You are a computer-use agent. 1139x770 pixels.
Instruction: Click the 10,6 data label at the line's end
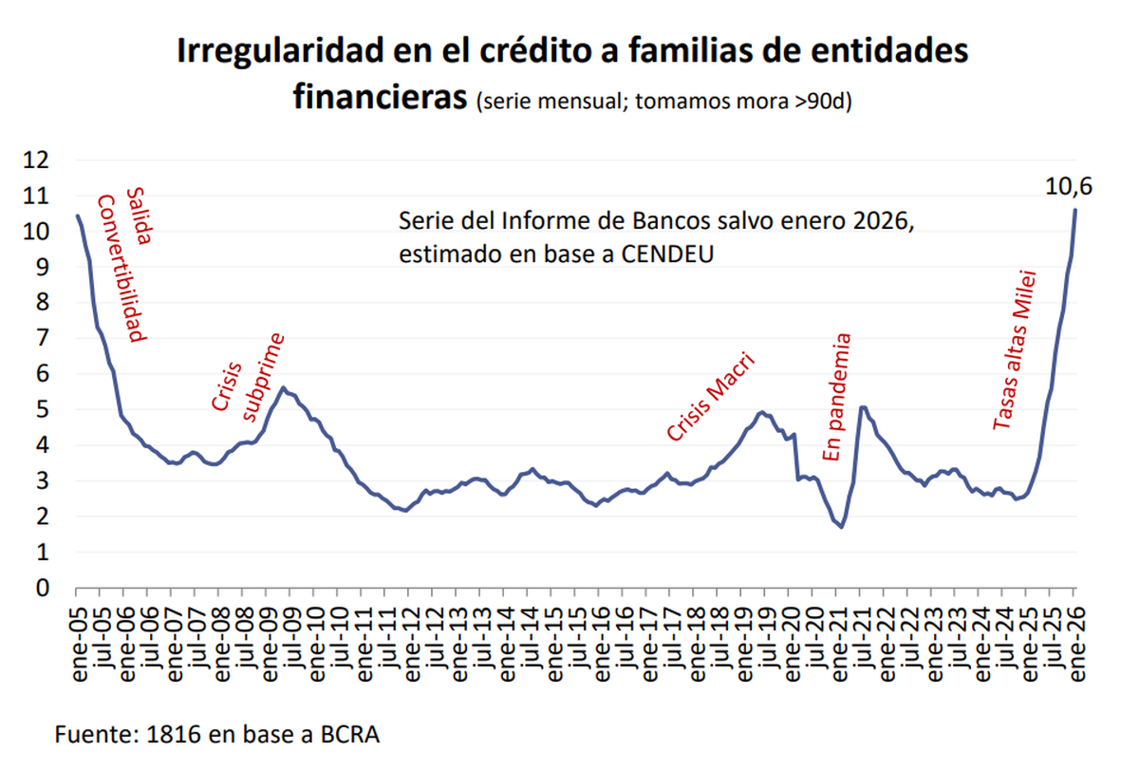point(1069,187)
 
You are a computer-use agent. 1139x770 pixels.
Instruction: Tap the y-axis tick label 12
point(35,160)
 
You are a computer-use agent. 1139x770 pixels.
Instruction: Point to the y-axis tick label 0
point(42,588)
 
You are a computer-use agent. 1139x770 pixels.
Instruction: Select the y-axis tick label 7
point(42,338)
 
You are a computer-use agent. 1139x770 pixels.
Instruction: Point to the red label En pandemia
point(834,397)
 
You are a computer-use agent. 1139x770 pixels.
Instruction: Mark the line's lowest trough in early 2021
point(841,527)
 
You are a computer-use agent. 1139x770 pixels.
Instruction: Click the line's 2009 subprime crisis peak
point(283,387)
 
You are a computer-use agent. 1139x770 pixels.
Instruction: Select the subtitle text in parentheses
point(664,101)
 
